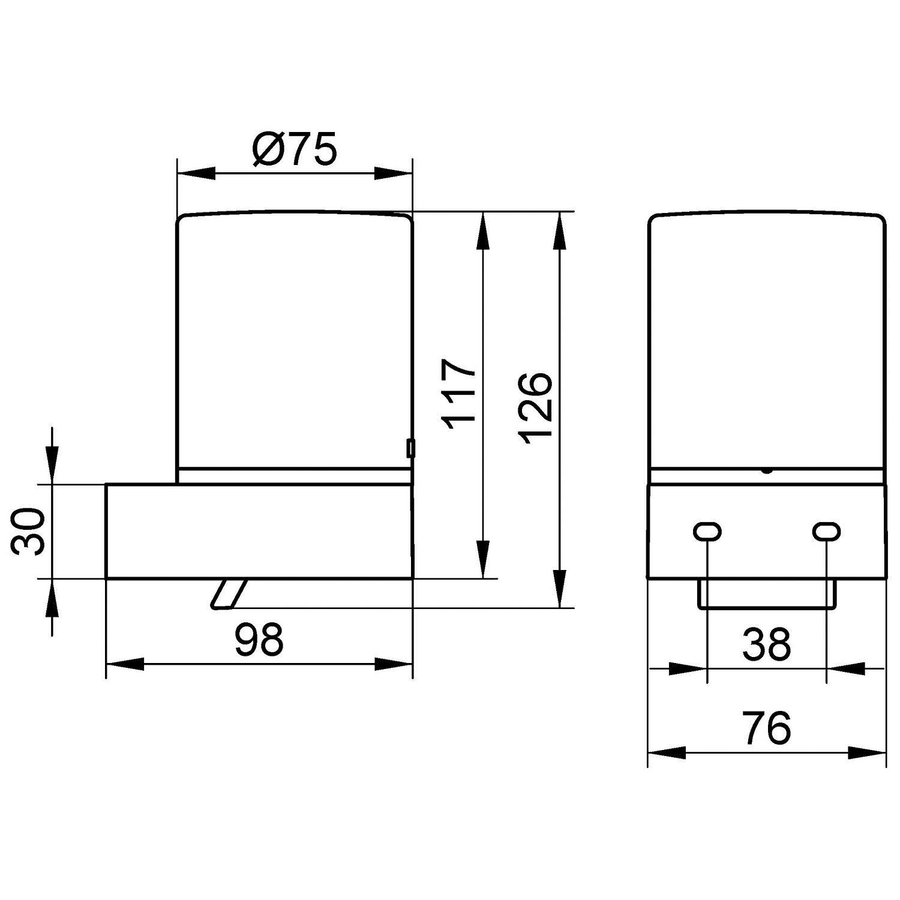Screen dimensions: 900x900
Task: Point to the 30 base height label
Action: pyautogui.click(x=29, y=532)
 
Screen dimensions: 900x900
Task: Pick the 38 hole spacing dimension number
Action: pyautogui.click(x=767, y=643)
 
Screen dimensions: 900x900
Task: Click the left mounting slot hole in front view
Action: pyautogui.click(x=708, y=531)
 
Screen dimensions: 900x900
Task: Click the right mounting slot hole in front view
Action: pyautogui.click(x=826, y=531)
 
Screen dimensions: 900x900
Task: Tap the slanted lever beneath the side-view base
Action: pyautogui.click(x=229, y=594)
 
